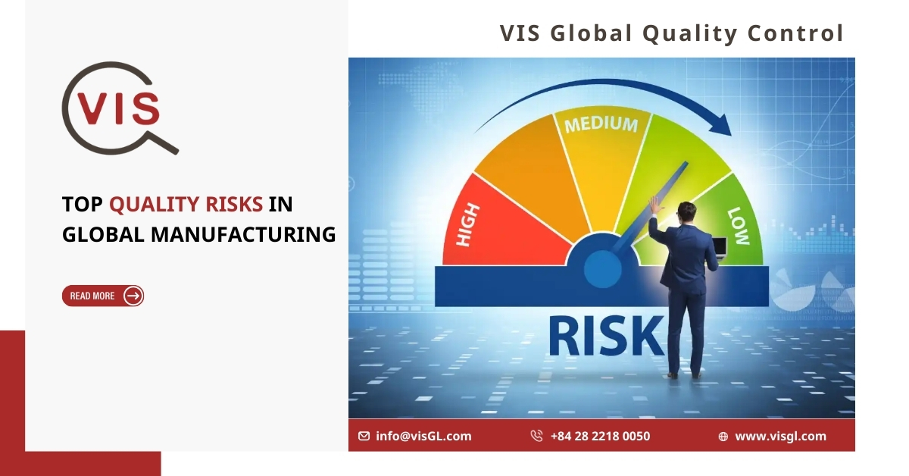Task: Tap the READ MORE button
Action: [103, 296]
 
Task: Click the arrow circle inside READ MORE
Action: [133, 296]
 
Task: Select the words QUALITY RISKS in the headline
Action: [186, 204]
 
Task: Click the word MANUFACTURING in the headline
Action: [243, 235]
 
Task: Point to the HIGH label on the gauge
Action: [468, 224]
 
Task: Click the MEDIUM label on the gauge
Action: [601, 124]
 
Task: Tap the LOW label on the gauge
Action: [739, 226]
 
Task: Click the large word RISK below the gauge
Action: [607, 337]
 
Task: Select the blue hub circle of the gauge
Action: [603, 269]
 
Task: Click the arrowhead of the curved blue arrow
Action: [723, 125]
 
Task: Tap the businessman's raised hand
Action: [654, 205]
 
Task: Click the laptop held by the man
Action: [719, 248]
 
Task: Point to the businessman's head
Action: [687, 212]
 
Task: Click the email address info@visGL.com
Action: [423, 436]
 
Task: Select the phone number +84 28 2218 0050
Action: [600, 436]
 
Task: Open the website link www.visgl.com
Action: [780, 436]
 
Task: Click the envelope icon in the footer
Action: [364, 436]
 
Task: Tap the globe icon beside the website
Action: [723, 437]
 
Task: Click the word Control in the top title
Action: [796, 33]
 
